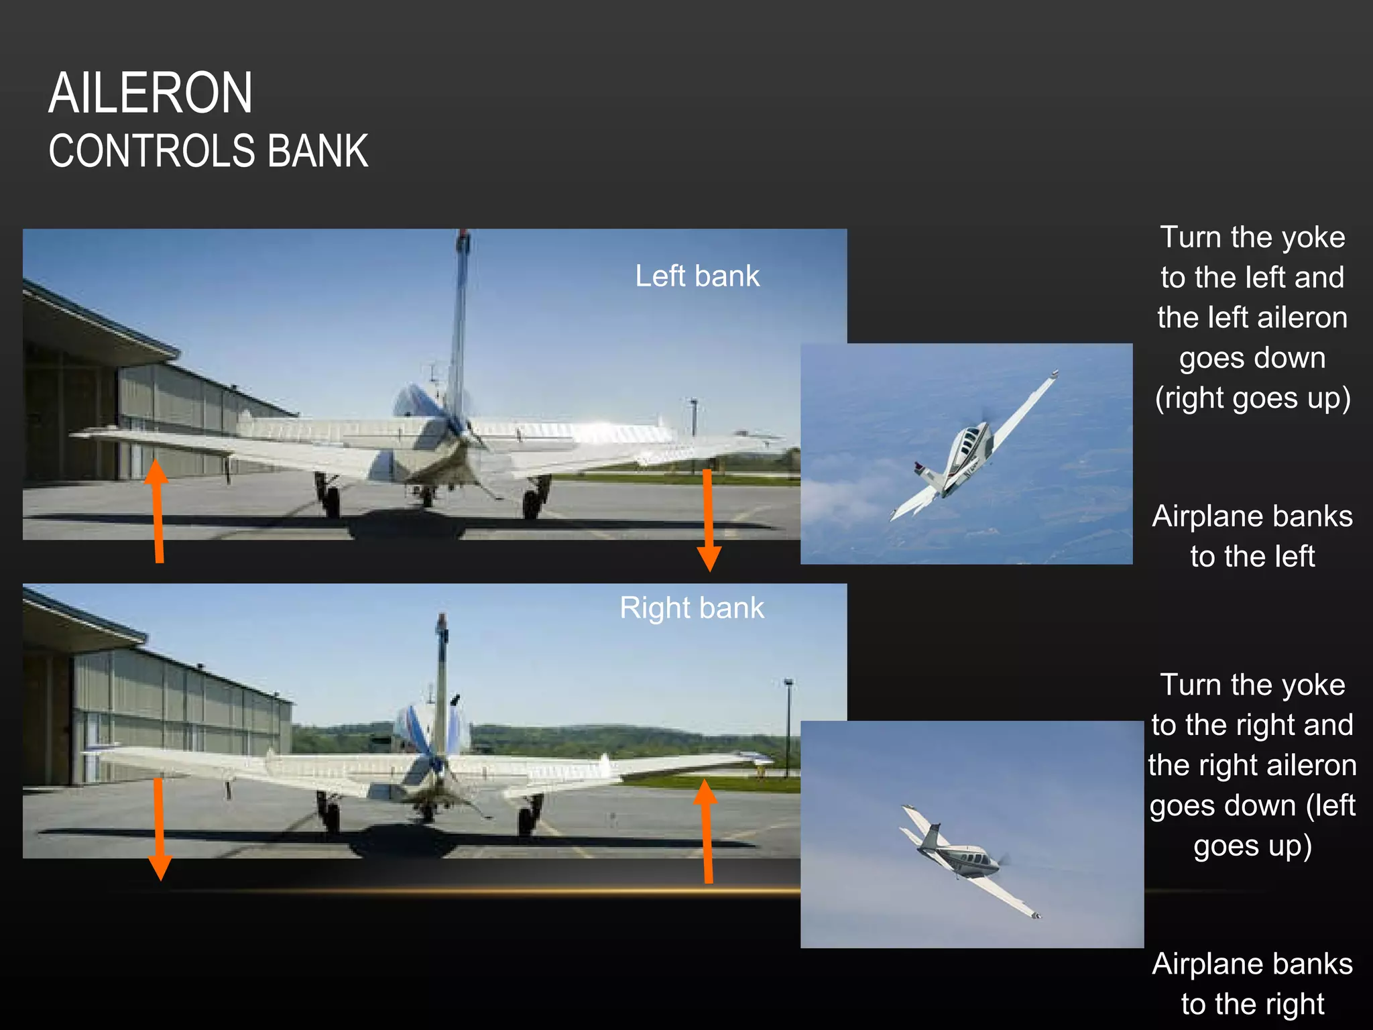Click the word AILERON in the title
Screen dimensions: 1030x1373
151,93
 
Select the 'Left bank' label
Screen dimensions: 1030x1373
697,276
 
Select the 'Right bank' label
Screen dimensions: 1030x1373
692,608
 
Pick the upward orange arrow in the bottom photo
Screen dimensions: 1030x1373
707,832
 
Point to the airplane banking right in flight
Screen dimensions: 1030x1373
965,858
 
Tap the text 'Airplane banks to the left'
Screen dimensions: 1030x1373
1252,536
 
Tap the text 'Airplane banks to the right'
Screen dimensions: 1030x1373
1252,984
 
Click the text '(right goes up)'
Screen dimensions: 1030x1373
1252,398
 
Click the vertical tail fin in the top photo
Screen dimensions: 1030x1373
460,322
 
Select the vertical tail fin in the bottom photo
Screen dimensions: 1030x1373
441,677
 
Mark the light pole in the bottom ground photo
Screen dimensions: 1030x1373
788,724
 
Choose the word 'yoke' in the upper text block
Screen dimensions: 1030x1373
1313,237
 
